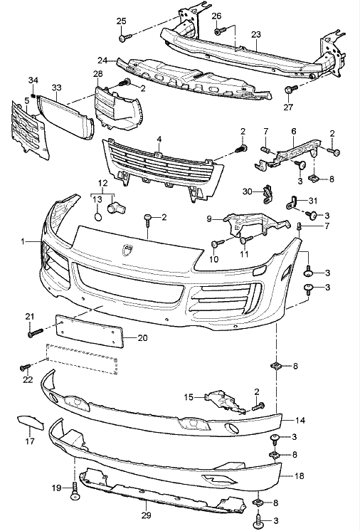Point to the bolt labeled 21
coord(32,330)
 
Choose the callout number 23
coord(256,33)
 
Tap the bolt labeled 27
coord(290,90)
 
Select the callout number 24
coord(102,60)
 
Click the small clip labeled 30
coord(268,191)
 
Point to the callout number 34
coord(33,79)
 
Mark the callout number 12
coord(104,184)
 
